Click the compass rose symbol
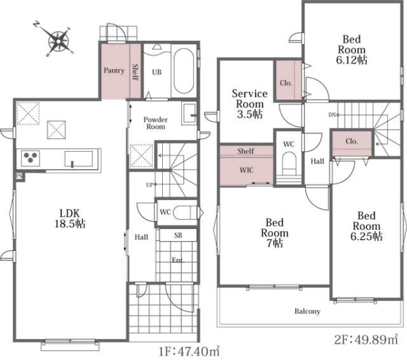tap(58, 41)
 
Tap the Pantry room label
tap(114, 71)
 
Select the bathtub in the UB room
tap(184, 71)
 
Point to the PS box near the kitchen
tap(19, 176)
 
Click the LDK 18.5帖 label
tap(70, 218)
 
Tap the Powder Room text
tap(155, 123)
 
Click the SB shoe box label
tap(178, 235)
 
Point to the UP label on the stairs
tap(151, 184)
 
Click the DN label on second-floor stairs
tap(333, 115)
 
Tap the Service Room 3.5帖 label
tap(250, 104)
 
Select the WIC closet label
tap(246, 170)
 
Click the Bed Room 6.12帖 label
tap(351, 49)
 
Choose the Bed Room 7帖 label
tap(274, 233)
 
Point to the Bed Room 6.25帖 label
tap(366, 226)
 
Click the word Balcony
tap(307, 311)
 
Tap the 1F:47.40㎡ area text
tap(189, 351)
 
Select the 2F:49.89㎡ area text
tap(366, 340)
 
